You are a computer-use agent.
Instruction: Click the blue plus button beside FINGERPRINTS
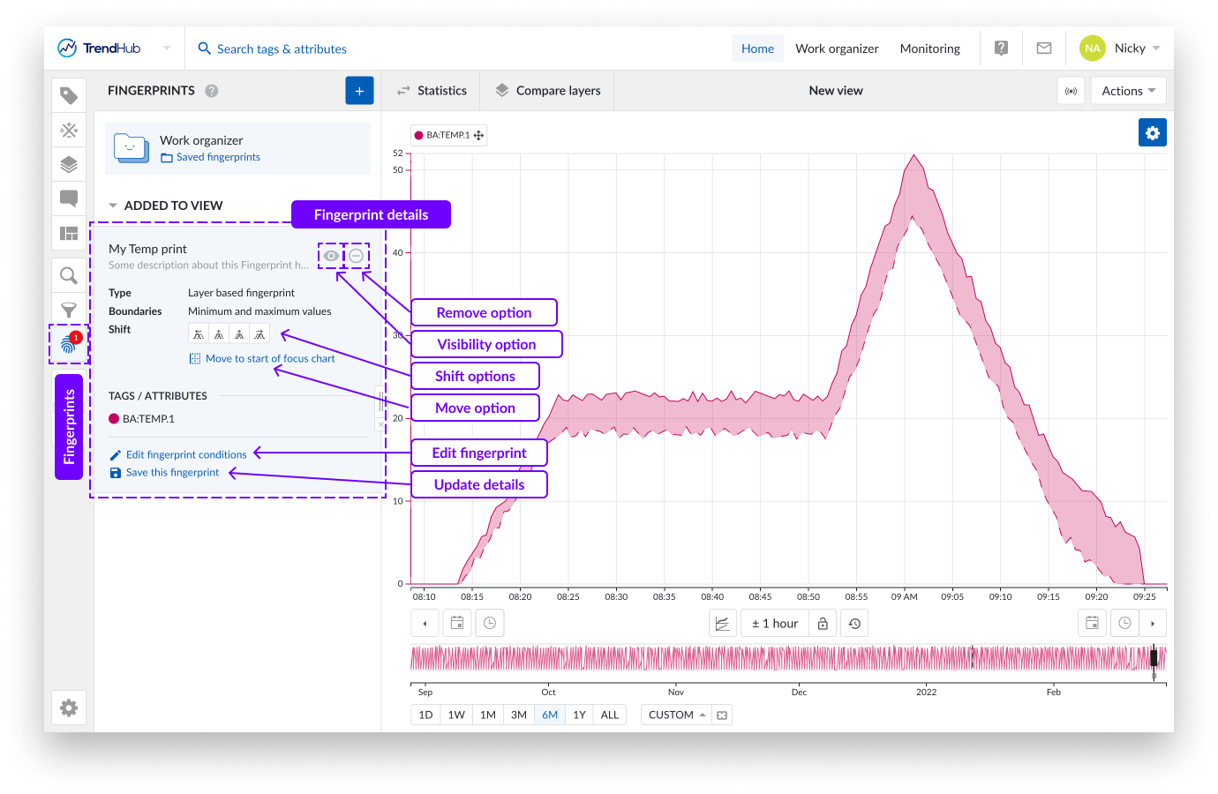click(359, 91)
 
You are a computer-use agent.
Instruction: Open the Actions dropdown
click(1128, 91)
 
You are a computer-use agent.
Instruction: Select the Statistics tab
click(432, 91)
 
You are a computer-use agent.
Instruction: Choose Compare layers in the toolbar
click(548, 91)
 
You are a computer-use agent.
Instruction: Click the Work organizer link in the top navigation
click(837, 49)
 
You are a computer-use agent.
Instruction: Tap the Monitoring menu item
click(929, 49)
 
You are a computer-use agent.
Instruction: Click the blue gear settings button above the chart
click(1152, 133)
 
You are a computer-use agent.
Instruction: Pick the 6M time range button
click(550, 715)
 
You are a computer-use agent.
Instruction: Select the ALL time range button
click(610, 715)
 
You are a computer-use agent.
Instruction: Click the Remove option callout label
click(484, 312)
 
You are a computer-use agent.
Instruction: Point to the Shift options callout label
click(475, 376)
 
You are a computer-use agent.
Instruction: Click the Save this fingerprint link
click(172, 473)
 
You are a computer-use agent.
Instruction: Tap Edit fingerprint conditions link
click(185, 455)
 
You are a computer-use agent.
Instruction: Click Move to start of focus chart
click(269, 359)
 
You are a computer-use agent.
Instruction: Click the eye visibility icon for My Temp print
click(330, 256)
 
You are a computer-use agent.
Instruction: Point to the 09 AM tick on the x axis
click(904, 596)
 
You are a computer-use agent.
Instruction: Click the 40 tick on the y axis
click(398, 252)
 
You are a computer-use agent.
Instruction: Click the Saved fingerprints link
click(218, 157)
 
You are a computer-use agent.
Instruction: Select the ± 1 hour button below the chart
click(774, 624)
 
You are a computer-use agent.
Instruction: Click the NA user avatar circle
click(1092, 49)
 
